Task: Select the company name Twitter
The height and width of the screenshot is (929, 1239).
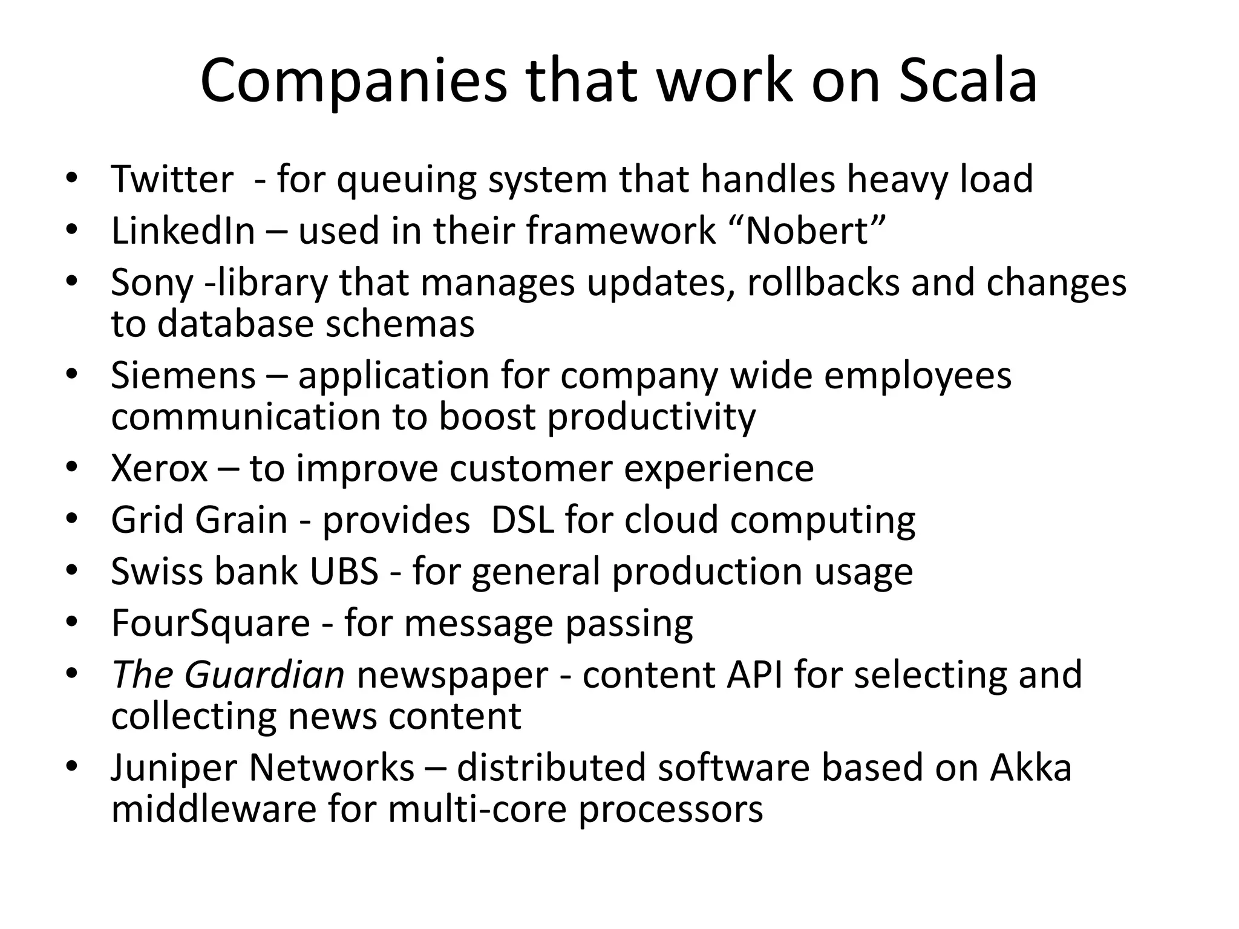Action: (172, 180)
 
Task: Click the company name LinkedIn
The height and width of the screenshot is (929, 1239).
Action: (183, 231)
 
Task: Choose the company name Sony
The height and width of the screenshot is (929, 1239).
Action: (152, 283)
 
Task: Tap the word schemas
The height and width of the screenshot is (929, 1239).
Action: (400, 324)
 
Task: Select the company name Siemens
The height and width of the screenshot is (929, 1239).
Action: (183, 376)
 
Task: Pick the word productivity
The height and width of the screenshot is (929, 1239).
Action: (651, 417)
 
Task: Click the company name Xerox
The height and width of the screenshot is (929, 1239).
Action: (159, 469)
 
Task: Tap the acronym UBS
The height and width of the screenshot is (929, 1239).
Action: (344, 572)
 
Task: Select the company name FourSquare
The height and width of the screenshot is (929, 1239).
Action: (211, 624)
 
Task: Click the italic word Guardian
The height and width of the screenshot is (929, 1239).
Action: (264, 675)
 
